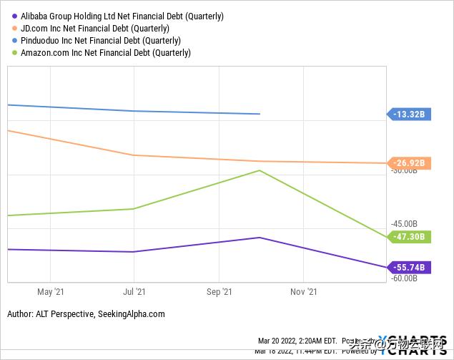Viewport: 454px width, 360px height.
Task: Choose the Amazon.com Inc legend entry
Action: pos(106,52)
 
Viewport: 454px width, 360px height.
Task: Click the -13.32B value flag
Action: pos(409,114)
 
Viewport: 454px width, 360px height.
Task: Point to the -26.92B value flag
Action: pos(409,163)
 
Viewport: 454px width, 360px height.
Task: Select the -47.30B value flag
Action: pos(409,237)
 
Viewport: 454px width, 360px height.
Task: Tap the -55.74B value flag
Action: pos(409,267)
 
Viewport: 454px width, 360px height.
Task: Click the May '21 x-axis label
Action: pos(50,292)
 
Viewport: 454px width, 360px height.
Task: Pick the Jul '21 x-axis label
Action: pos(134,292)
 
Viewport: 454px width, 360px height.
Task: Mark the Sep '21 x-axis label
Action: pos(219,292)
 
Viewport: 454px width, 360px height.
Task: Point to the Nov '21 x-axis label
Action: pos(303,292)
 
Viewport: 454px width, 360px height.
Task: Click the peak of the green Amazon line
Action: pos(260,170)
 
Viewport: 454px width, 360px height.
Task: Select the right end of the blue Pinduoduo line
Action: pos(260,114)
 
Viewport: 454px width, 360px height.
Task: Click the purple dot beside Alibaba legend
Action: pos(14,16)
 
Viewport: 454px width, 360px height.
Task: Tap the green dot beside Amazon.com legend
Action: pos(14,52)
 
